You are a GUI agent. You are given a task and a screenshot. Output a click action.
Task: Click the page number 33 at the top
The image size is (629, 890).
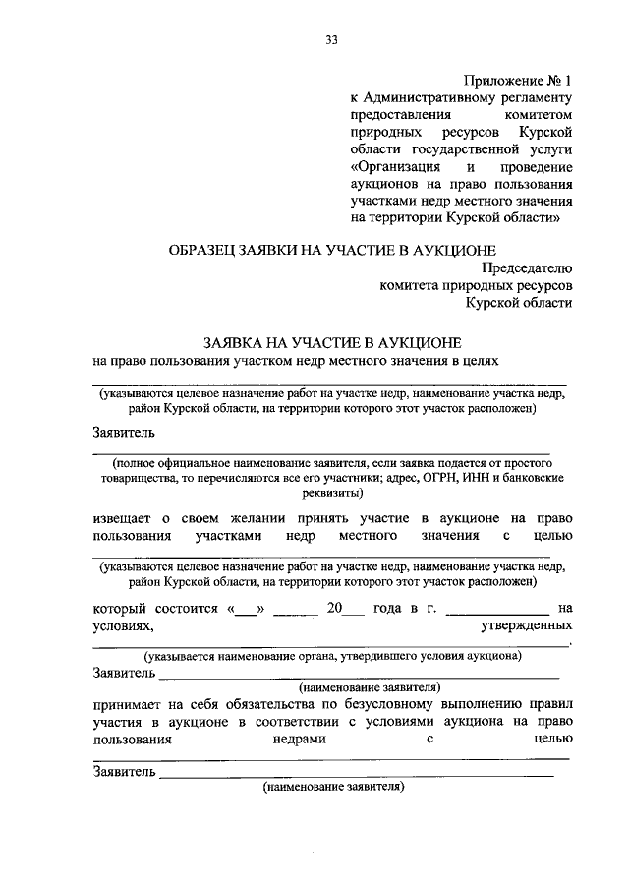click(x=331, y=40)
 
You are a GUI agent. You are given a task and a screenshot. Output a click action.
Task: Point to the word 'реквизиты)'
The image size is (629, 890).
click(x=331, y=493)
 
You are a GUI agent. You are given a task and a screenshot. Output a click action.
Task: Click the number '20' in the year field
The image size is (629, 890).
click(x=335, y=608)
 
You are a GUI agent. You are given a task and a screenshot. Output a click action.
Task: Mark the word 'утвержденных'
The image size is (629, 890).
click(x=525, y=625)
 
